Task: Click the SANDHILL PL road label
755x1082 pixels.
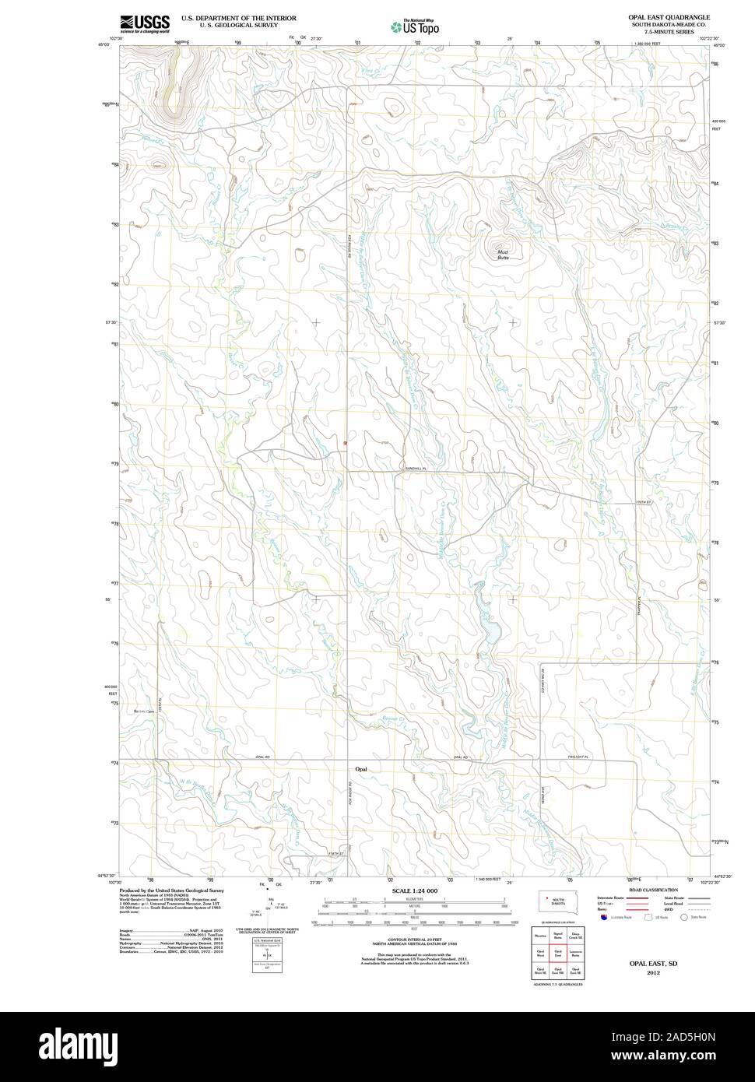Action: tap(416, 468)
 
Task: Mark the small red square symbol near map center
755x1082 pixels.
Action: tap(344, 444)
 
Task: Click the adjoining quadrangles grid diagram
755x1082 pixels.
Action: tap(557, 952)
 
